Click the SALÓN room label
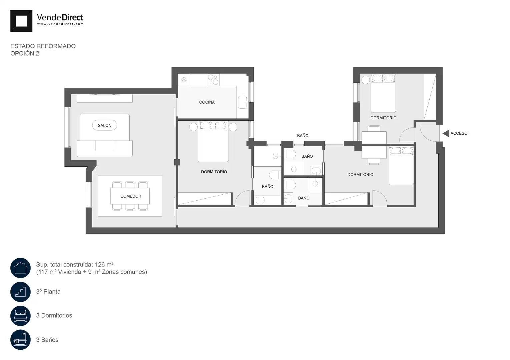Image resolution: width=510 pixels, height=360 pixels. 104,125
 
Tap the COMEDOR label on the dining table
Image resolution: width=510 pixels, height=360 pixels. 131,196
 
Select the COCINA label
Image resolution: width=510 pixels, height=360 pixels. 207,102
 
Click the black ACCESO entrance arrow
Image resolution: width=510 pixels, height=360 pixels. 446,133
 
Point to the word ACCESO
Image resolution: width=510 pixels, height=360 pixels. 459,133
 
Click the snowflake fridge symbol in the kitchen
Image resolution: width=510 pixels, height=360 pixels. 184,80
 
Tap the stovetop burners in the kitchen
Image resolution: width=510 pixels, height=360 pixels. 213,80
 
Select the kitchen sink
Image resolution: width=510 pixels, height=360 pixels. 243,102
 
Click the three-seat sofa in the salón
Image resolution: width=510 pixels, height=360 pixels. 105,149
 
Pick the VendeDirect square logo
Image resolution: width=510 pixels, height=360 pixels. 21,21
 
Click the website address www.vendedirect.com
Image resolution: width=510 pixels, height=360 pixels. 60,24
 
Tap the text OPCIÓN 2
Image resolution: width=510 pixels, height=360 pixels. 25,53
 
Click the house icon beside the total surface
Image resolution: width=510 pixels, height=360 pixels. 20,268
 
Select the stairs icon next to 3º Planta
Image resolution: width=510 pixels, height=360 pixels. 20,292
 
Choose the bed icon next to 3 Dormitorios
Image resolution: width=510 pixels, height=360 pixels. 20,316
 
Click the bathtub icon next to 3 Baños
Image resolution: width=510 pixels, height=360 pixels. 20,340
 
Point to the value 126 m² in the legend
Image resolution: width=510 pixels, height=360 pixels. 104,264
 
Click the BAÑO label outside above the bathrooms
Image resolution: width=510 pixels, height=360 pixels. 303,136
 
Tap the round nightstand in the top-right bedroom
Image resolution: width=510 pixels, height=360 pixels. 366,80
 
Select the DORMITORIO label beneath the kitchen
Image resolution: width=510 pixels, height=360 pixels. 214,172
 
